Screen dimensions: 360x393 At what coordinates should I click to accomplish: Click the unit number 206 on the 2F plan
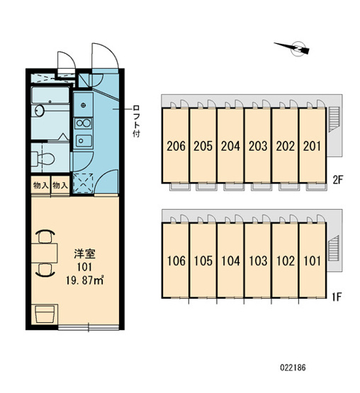tap(176, 146)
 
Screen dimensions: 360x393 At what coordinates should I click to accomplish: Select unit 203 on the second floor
tap(258, 146)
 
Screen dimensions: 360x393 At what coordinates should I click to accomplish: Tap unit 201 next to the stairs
tap(312, 146)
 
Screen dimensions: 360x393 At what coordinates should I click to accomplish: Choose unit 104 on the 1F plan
tap(230, 261)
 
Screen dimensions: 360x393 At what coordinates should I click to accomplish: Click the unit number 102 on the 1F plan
tap(286, 261)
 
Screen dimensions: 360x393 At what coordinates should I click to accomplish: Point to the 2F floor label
tap(337, 180)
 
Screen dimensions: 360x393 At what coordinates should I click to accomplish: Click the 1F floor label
tap(337, 297)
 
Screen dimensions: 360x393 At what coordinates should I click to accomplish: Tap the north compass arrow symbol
tap(293, 47)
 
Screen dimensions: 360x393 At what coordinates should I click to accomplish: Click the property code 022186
tap(293, 368)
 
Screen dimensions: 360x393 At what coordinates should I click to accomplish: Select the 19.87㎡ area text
tap(84, 280)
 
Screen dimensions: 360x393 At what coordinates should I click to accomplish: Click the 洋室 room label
tap(84, 254)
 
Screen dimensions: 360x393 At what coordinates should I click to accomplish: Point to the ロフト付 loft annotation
tap(136, 121)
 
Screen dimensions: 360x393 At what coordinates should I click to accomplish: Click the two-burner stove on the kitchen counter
tap(84, 123)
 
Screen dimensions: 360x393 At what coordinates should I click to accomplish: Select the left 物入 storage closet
tap(40, 186)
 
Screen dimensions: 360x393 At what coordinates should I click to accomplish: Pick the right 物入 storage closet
tap(60, 186)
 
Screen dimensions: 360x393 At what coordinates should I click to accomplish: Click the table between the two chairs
tap(45, 253)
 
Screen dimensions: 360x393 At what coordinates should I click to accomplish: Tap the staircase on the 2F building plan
tap(333, 119)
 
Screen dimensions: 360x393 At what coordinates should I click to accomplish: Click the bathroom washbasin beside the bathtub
tap(40, 110)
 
